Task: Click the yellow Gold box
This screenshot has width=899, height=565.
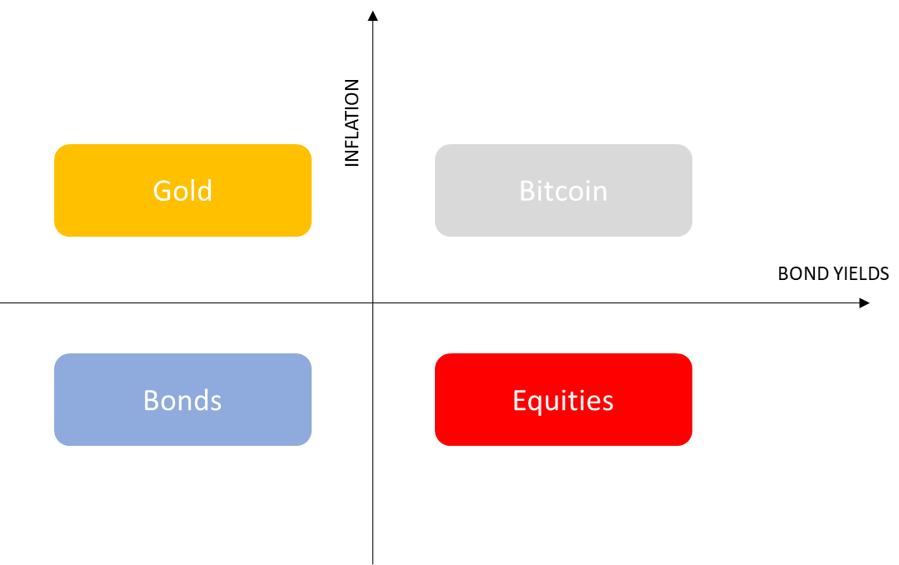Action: (x=183, y=191)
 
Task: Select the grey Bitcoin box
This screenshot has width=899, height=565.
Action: (x=563, y=191)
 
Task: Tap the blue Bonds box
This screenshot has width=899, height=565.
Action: (x=183, y=399)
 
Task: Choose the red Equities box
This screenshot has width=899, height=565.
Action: (x=563, y=399)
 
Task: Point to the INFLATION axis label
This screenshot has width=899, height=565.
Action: (x=352, y=122)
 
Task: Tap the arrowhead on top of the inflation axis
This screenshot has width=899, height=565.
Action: (x=372, y=16)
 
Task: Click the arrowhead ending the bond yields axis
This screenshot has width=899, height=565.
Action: (x=865, y=302)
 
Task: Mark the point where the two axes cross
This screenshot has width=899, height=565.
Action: (x=372, y=302)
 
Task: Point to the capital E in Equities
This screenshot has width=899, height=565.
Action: (x=519, y=400)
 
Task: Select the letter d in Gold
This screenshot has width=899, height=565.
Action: (x=205, y=191)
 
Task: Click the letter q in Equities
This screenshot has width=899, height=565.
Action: (x=537, y=403)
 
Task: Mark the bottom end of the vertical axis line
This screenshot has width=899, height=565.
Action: (x=372, y=564)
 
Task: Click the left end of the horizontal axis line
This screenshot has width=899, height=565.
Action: (x=1, y=302)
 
